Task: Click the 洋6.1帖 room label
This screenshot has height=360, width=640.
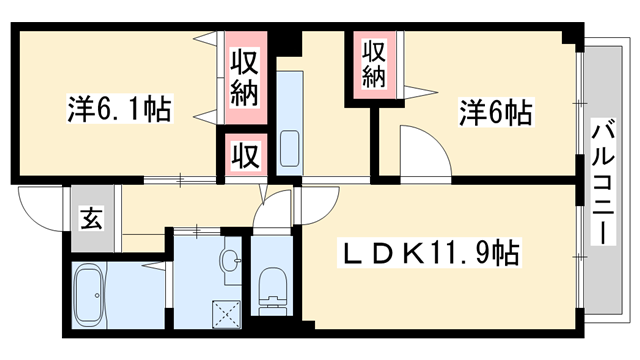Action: [119, 108]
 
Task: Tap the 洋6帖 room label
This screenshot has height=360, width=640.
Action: [495, 112]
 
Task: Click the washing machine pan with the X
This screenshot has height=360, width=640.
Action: [227, 313]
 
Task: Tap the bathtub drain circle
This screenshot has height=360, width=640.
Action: [96, 294]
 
